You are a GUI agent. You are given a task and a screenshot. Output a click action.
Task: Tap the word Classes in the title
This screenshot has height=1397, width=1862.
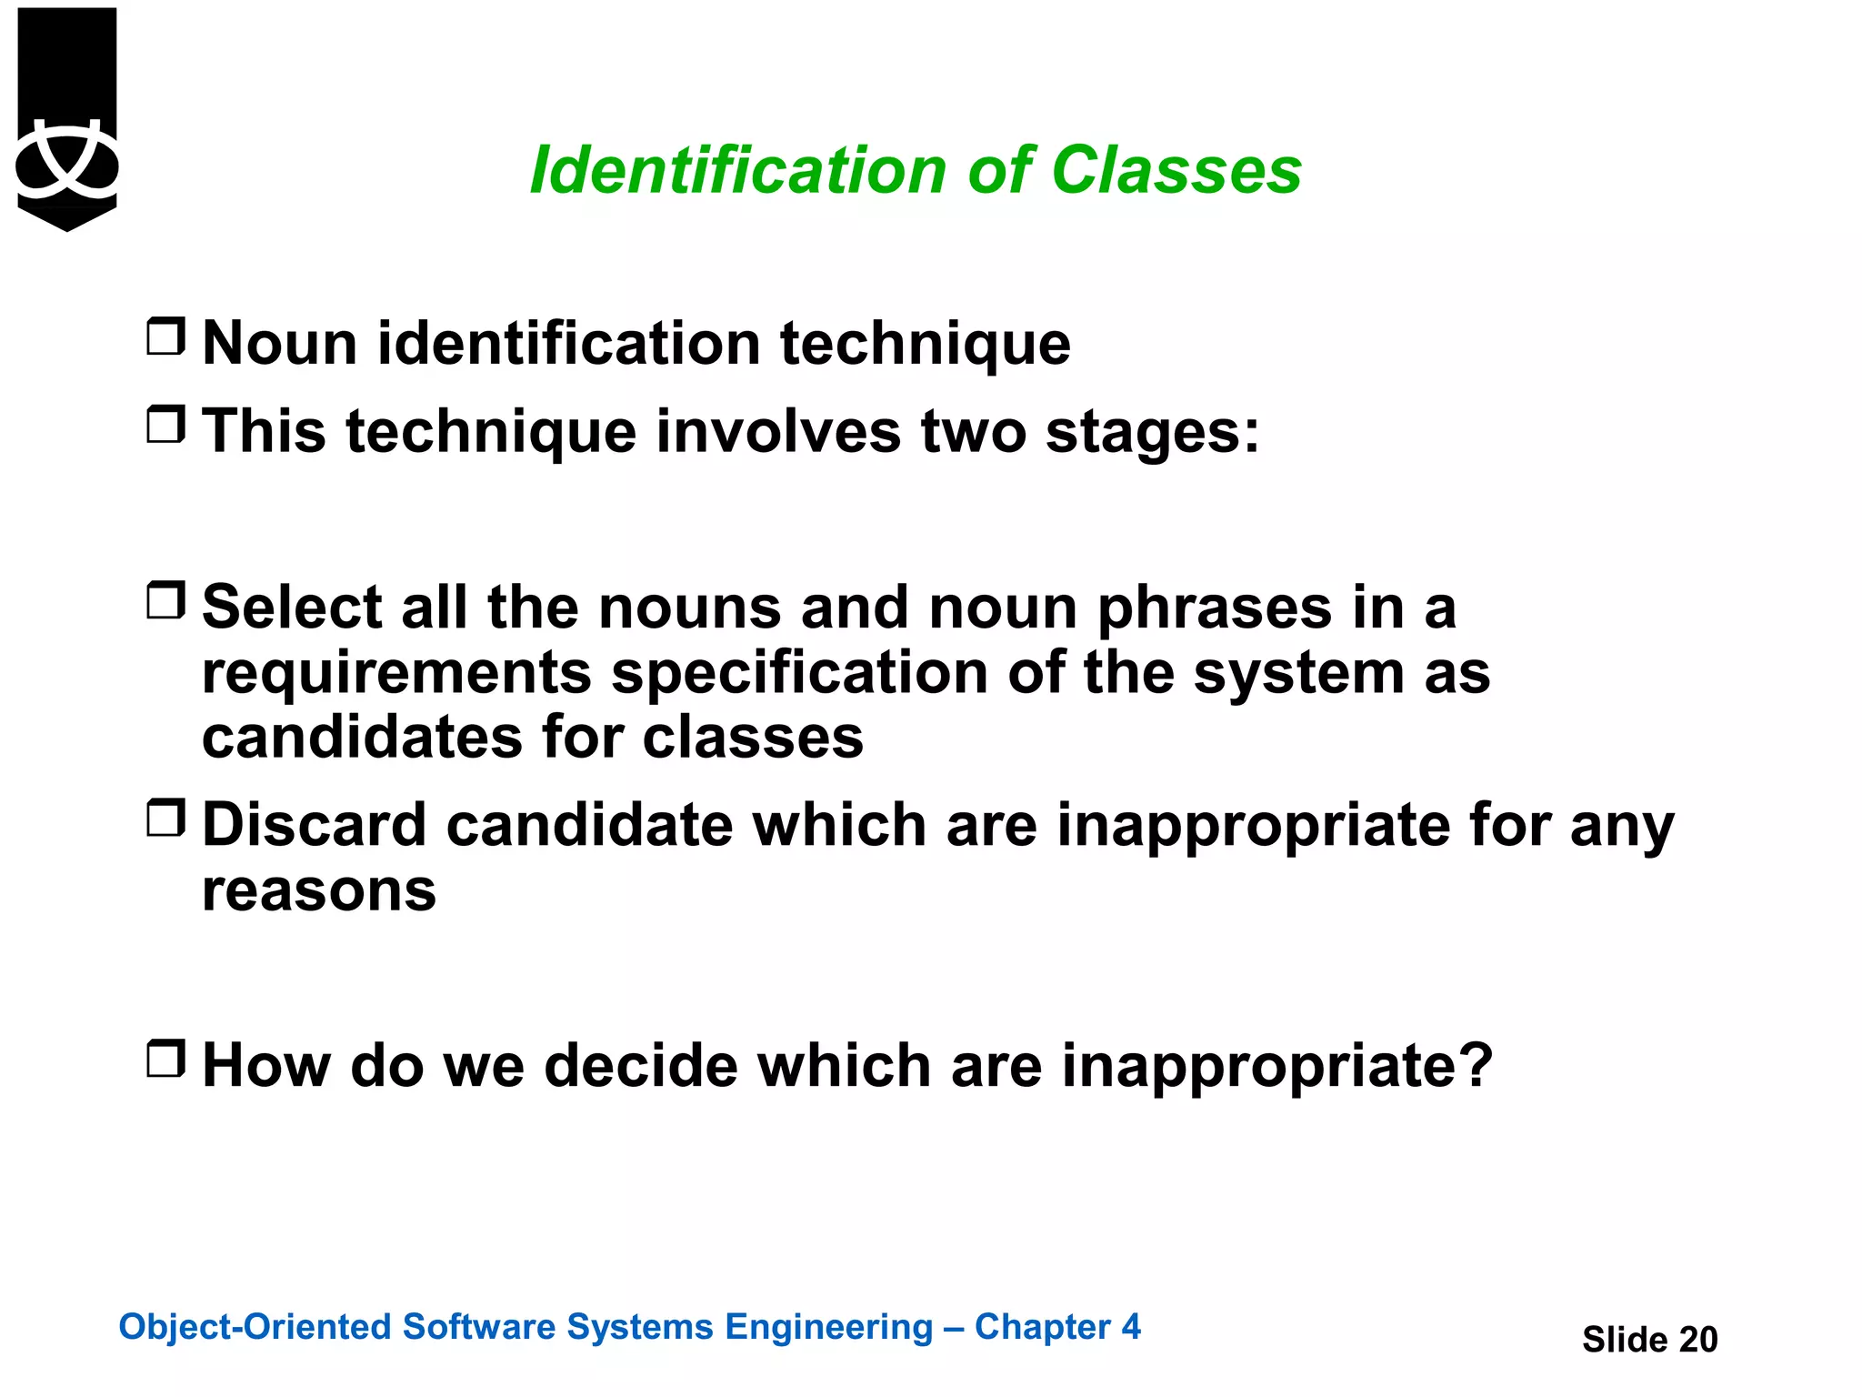[x=1176, y=171]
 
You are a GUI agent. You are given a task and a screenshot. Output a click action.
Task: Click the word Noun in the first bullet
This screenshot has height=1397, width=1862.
[x=280, y=344]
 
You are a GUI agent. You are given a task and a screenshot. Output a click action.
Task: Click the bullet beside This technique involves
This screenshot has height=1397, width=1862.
[x=165, y=424]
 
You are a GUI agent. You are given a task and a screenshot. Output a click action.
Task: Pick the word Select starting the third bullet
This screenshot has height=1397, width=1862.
[x=292, y=607]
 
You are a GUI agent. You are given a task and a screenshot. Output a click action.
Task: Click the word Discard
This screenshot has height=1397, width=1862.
[x=314, y=825]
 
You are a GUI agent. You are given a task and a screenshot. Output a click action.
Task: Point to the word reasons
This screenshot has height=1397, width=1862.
[x=318, y=890]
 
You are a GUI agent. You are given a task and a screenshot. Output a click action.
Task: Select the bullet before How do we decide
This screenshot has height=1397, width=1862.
[x=165, y=1059]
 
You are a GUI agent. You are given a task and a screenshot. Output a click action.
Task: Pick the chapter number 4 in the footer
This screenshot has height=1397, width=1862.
[x=1130, y=1327]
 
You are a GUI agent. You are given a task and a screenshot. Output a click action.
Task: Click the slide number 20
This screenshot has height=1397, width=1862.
[x=1697, y=1340]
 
